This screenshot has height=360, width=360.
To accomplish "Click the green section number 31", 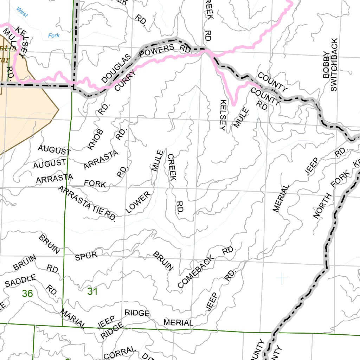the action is click(92, 291).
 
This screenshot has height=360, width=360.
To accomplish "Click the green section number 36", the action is click(27, 293).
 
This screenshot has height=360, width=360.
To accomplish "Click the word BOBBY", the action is click(326, 65).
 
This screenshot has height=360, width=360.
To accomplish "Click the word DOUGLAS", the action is click(116, 69).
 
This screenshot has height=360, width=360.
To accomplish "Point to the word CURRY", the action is click(125, 80).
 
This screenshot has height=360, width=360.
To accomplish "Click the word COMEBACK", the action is click(196, 272).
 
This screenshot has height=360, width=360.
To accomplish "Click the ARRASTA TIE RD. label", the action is click(87, 204).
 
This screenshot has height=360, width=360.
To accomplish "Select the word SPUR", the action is click(86, 256).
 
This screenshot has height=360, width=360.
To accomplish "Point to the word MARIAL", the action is click(73, 319).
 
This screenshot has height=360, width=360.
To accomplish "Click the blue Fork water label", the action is click(54, 36).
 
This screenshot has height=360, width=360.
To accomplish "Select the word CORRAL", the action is click(120, 353).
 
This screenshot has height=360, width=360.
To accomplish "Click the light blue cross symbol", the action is click(282, 278).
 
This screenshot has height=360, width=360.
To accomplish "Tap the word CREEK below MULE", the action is click(171, 167).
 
